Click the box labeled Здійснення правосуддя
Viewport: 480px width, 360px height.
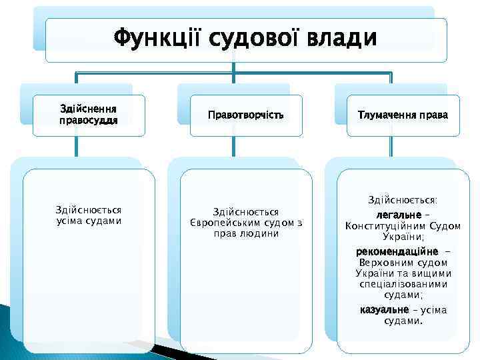pos(89,115)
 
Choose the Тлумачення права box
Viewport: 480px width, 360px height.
pos(403,115)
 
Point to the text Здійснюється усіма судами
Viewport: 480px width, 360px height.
pos(89,215)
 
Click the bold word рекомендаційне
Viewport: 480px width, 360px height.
pos(397,252)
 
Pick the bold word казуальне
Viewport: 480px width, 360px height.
pos(384,310)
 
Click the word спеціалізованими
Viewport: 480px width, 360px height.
pos(403,284)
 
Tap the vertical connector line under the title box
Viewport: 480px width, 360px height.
pos(234,69)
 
